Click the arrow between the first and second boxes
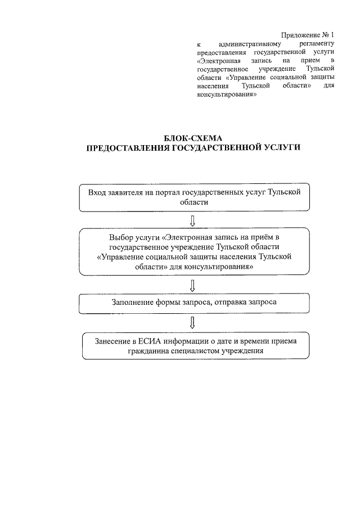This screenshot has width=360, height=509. (x=193, y=219)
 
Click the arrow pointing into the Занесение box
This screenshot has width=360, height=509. (x=193, y=322)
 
